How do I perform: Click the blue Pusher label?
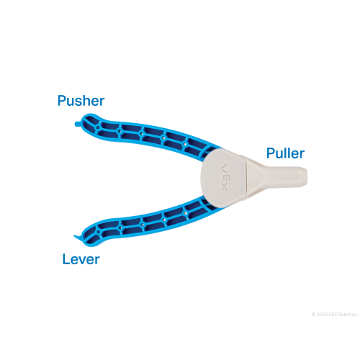click(x=81, y=101)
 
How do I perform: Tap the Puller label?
click(x=285, y=153)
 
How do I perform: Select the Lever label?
click(x=81, y=259)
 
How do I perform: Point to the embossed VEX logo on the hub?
click(x=224, y=177)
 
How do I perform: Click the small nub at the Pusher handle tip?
click(x=77, y=124)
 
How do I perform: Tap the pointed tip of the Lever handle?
click(x=74, y=236)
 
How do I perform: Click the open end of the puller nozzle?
click(x=305, y=176)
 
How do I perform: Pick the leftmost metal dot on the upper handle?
click(x=98, y=127)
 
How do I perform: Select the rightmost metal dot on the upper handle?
click(x=185, y=144)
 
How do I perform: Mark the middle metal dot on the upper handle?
click(x=142, y=134)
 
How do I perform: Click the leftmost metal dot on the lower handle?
click(x=98, y=232)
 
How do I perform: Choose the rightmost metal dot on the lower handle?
click(x=185, y=213)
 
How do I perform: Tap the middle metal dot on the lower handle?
click(x=142, y=225)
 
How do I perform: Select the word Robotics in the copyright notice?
click(x=348, y=315)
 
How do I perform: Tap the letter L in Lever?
click(x=66, y=259)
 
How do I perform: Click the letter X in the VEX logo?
click(x=224, y=188)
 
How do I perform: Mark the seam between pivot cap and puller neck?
click(x=246, y=178)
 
